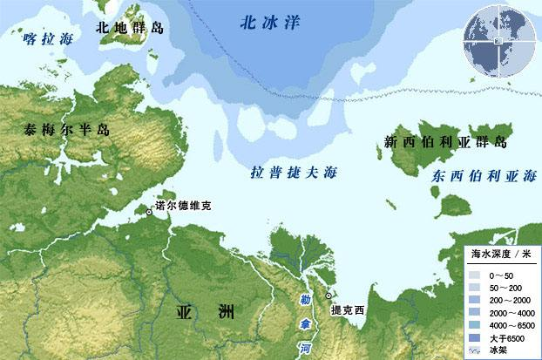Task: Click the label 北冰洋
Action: (x=270, y=24)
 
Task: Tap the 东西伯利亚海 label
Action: (x=484, y=177)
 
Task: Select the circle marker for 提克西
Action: (x=329, y=296)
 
